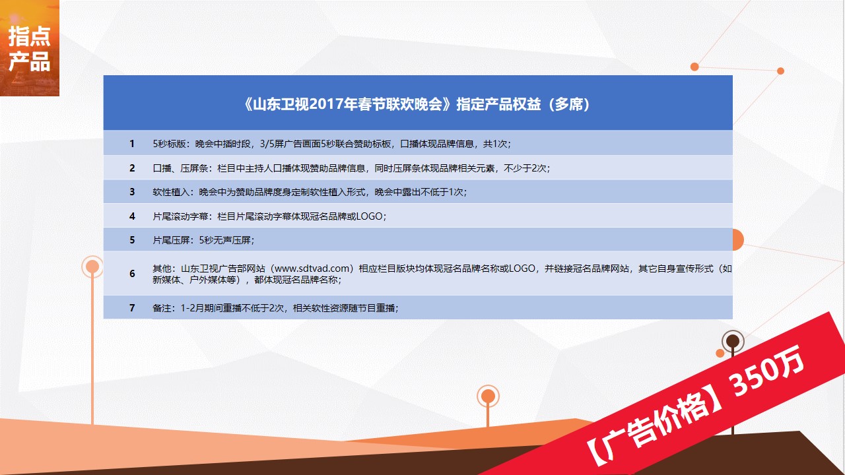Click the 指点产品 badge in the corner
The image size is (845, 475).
point(30,48)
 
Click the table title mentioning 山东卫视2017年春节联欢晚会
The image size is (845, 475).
point(417,104)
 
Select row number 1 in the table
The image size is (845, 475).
point(132,144)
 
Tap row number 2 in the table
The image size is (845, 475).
point(132,168)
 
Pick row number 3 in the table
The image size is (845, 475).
point(132,192)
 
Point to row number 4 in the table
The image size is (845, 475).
point(132,216)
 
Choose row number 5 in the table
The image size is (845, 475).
point(132,239)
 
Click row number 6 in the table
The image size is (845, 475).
point(132,273)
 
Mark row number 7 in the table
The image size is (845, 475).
point(132,308)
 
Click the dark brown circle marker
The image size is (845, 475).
point(733,341)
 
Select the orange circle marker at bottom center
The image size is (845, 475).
point(488,396)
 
